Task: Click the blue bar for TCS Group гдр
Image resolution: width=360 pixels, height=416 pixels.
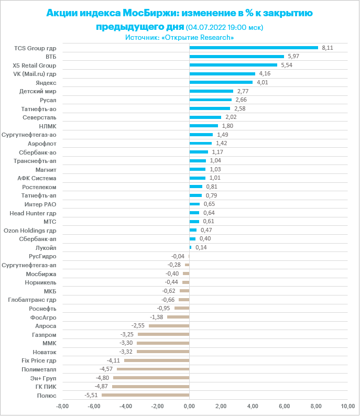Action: click(254, 48)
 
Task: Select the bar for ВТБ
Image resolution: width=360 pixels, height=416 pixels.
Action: click(236, 57)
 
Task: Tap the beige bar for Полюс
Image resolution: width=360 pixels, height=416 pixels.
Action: click(145, 395)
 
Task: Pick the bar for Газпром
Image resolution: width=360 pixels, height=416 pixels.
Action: click(163, 334)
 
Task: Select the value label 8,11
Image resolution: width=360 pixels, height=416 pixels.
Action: click(328, 48)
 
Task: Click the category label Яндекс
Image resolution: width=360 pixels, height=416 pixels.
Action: click(46, 83)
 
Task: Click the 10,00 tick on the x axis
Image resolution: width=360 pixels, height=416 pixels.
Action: click(347, 406)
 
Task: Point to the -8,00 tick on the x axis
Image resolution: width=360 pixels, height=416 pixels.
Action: click(62, 406)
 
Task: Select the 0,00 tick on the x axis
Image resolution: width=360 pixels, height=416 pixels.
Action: click(189, 406)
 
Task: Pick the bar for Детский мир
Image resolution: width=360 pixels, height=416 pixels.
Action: click(211, 91)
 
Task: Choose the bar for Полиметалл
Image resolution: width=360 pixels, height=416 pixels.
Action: click(152, 369)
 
